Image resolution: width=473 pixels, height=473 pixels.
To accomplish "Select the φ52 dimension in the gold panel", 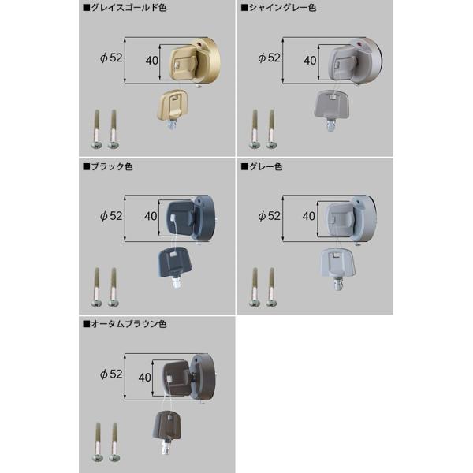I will tap(112, 58).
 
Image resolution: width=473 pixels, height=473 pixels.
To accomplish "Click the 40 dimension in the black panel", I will tap(151, 214).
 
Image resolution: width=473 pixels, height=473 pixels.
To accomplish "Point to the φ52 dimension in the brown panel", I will tap(111, 374).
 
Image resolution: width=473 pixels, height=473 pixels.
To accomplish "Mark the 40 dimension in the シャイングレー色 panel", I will tap(309, 58).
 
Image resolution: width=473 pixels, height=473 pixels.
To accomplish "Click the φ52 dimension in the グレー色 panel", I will tap(270, 215).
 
